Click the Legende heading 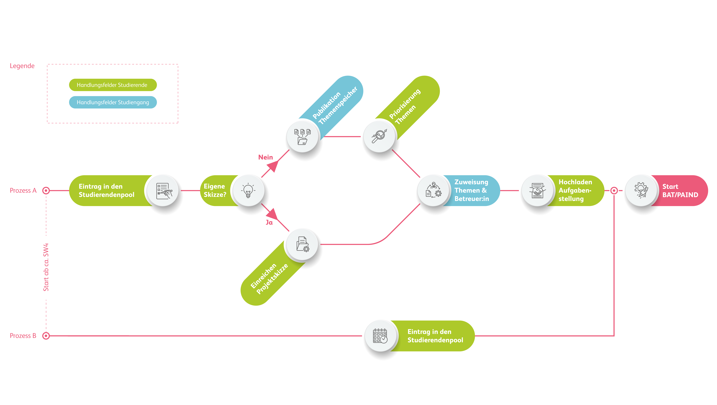[22, 66]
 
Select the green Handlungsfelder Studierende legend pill [113, 85]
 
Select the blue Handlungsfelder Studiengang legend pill [113, 102]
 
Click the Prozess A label [23, 191]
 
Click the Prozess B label [23, 336]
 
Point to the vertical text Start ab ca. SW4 [46, 267]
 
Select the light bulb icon [248, 191]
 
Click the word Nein [266, 157]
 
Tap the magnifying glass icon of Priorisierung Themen [379, 136]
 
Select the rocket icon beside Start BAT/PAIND [641, 190]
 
